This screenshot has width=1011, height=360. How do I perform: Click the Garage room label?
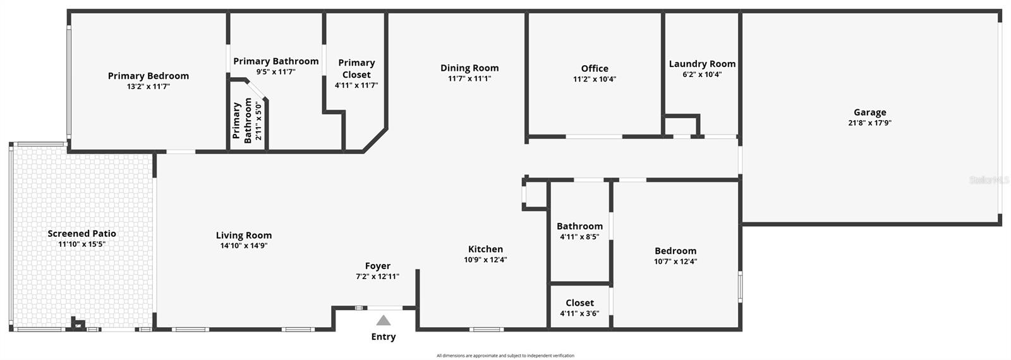click(x=869, y=112)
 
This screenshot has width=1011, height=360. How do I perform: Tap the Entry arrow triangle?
click(x=383, y=321)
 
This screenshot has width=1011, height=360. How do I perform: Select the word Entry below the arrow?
click(x=383, y=337)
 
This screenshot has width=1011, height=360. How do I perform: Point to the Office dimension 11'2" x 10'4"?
click(x=595, y=80)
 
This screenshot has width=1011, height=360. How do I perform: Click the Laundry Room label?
click(x=702, y=64)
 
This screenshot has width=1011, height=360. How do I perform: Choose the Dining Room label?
click(x=469, y=68)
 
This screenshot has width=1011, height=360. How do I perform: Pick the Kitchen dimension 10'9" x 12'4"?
click(x=485, y=260)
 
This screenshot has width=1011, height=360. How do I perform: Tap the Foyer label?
click(x=378, y=266)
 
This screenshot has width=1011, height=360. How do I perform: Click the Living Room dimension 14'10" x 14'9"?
click(x=244, y=246)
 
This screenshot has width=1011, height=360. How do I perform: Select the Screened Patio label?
click(x=82, y=234)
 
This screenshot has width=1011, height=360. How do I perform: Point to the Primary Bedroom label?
click(x=148, y=76)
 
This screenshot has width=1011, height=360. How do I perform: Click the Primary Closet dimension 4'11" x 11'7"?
click(x=356, y=85)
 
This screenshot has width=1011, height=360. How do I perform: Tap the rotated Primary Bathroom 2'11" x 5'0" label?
click(x=247, y=121)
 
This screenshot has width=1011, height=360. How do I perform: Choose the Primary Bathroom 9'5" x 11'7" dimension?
click(x=275, y=72)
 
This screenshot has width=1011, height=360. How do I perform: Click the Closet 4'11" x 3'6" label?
click(x=579, y=308)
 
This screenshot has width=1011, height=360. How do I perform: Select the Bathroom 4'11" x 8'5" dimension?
click(x=579, y=237)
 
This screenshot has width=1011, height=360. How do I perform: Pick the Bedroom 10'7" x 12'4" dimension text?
click(x=675, y=261)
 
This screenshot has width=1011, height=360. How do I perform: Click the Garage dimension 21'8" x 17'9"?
click(x=869, y=123)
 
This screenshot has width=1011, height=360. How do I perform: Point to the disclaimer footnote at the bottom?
click(x=505, y=356)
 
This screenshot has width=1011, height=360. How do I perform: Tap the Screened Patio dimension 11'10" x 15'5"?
click(x=82, y=244)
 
